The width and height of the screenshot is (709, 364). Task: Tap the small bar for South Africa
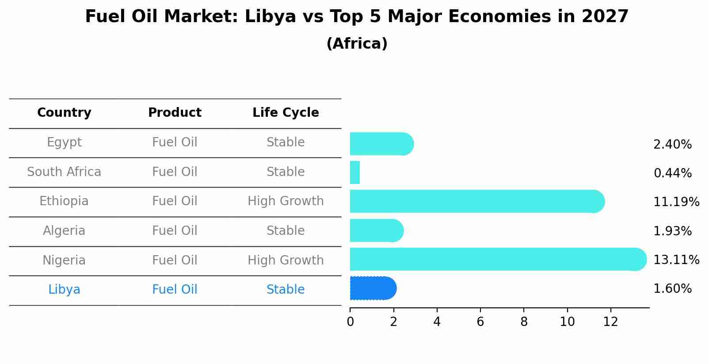(355, 172)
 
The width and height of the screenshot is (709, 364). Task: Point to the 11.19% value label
(676, 202)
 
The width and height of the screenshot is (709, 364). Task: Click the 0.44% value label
(672, 173)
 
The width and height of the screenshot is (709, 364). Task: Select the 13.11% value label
(676, 260)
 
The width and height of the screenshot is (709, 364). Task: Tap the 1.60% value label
(672, 289)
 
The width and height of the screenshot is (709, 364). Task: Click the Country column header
(64, 113)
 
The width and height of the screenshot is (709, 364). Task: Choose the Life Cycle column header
(286, 113)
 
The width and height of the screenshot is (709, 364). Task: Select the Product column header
(175, 113)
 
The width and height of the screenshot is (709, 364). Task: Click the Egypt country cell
(64, 142)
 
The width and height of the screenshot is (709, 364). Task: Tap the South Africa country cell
(64, 172)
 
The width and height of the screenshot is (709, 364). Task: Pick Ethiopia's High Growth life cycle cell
(286, 201)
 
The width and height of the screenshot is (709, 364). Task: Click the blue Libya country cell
(64, 290)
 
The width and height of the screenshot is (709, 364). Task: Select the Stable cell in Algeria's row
(286, 231)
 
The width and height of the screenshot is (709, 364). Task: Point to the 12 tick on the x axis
(610, 322)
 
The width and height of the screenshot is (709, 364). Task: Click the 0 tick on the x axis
(350, 322)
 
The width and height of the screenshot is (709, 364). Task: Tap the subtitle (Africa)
(357, 44)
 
